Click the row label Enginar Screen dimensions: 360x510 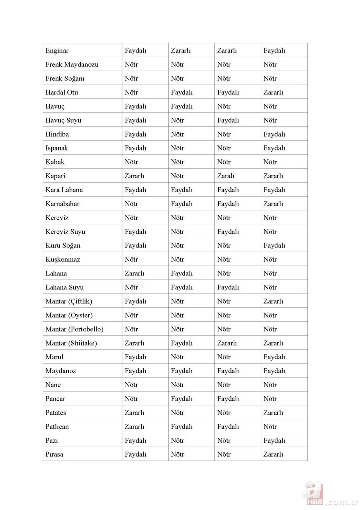[57, 51]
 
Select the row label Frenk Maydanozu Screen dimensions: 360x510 [72, 64]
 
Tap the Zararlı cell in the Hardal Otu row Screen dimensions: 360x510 [273, 92]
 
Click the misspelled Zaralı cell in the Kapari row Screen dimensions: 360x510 [226, 176]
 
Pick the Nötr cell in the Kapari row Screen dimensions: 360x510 [178, 176]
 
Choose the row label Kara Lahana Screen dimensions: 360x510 [64, 190]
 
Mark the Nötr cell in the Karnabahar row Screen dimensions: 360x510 [131, 204]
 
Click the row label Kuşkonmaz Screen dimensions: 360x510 [63, 259]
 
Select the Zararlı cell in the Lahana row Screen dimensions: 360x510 [134, 273]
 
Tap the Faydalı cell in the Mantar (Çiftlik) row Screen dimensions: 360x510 [135, 301]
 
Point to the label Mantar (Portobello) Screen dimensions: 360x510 [74, 329]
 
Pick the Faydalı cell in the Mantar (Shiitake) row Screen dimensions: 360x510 [182, 343]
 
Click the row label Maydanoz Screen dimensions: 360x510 [61, 371]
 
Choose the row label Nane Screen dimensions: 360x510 [53, 385]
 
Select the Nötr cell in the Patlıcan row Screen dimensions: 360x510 [270, 427]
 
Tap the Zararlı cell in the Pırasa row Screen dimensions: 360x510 [273, 454]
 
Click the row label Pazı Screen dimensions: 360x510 [52, 441]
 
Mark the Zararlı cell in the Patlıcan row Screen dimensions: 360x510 [134, 427]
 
